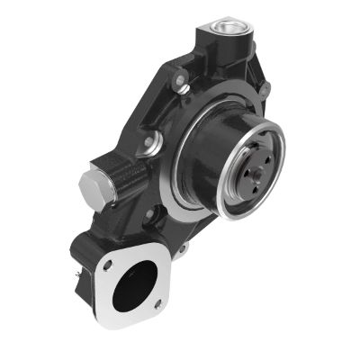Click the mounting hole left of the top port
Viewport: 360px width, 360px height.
coord(181,85)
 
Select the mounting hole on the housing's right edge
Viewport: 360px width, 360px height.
coord(265,87)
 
